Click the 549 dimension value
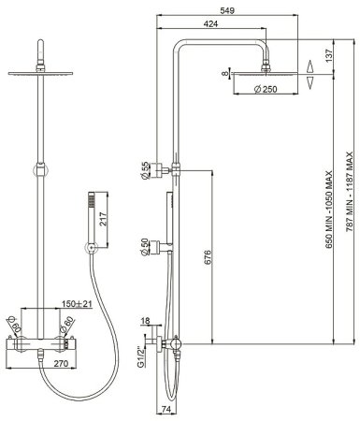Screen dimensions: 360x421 click(x=227, y=10)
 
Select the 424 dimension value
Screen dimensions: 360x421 click(x=210, y=23)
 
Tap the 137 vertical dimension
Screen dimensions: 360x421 click(x=329, y=56)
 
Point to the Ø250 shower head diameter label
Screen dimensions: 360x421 click(x=266, y=89)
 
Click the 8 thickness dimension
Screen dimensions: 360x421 click(x=224, y=74)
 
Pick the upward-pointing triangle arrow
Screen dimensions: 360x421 click(x=310, y=66)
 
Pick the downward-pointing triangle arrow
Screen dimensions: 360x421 click(x=310, y=83)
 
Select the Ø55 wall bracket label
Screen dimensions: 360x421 click(x=145, y=171)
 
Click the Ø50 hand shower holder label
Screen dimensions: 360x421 click(x=145, y=247)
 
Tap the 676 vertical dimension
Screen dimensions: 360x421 click(x=208, y=256)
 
